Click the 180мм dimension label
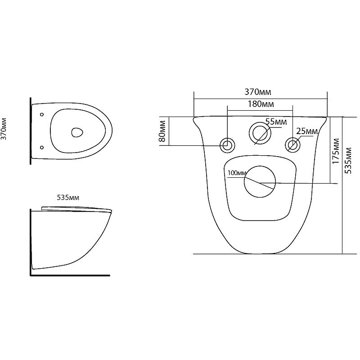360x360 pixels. [261, 104]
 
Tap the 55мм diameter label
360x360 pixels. [276, 121]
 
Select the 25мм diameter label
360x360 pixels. [307, 131]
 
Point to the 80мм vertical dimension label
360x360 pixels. [162, 131]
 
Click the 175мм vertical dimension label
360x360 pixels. [336, 151]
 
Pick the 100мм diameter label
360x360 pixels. [237, 173]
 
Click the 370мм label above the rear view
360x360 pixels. [258, 92]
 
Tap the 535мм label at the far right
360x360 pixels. [348, 161]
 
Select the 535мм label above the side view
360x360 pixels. [68, 198]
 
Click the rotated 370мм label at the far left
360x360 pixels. [4, 129]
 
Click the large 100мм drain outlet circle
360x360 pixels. [260, 166]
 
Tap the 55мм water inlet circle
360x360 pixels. [260, 122]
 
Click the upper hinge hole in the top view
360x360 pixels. [42, 114]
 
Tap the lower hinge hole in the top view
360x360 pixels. [42, 148]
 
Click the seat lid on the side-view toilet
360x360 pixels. [76, 209]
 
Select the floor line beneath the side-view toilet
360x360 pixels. [70, 275]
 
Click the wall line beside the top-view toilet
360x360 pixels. [31, 131]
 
